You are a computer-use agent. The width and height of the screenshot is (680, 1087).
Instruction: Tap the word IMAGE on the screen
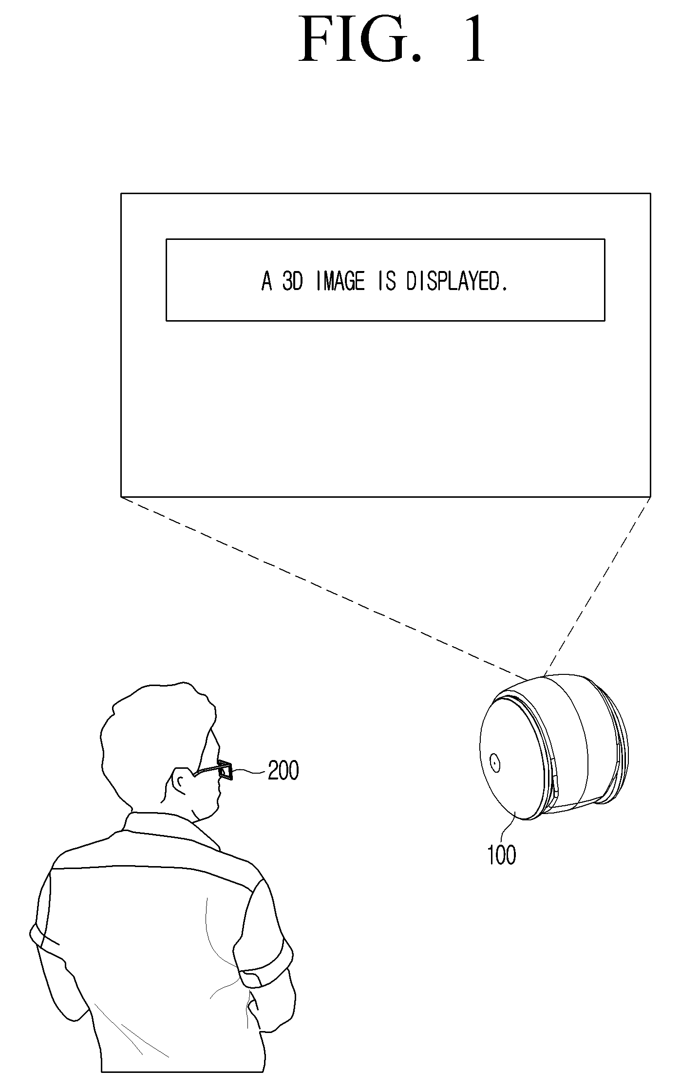click(x=340, y=281)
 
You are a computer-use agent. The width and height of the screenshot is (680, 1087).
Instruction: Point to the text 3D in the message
click(x=293, y=281)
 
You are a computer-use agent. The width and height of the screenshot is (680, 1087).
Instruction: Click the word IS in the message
click(x=387, y=281)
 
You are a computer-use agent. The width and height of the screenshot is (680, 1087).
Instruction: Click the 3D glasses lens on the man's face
click(x=225, y=769)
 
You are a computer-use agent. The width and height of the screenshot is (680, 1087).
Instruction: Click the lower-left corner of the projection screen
click(x=121, y=496)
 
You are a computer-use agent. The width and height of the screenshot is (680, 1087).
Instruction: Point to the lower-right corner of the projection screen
click(x=650, y=496)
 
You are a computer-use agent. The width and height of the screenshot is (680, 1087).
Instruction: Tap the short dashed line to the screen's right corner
click(x=597, y=587)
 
